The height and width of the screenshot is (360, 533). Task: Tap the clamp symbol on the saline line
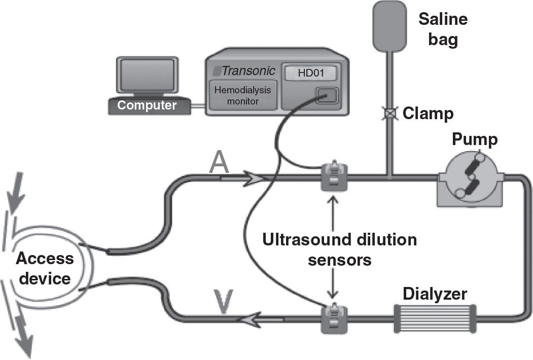point(388,113)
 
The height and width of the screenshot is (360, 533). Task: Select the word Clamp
point(428,113)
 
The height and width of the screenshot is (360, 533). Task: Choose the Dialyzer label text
point(435,294)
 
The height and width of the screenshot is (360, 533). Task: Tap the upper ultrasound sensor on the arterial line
point(333,175)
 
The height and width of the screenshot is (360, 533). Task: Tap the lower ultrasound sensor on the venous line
point(333,317)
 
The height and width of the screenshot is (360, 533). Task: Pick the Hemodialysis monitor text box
point(243,95)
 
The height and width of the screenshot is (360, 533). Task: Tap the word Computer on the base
point(147,105)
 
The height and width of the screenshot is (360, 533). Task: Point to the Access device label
point(45,268)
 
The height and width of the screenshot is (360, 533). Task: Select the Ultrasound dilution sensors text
point(339,249)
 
